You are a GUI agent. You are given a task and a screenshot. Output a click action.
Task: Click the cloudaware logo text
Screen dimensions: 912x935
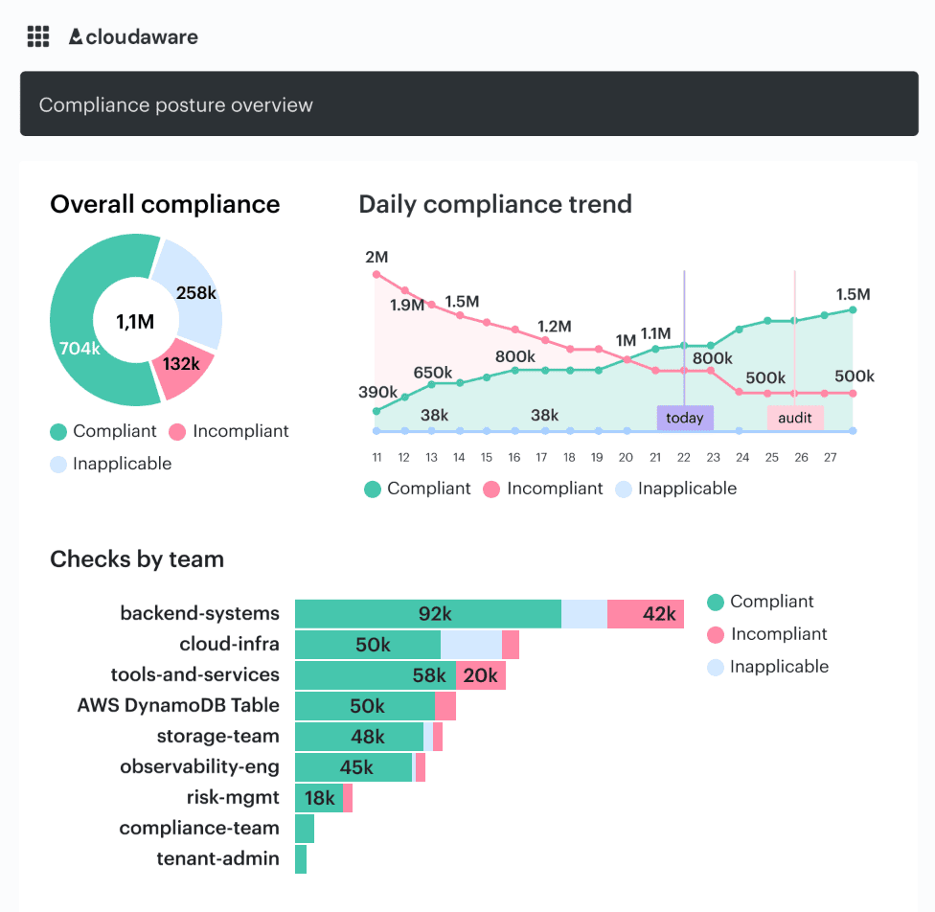click(141, 37)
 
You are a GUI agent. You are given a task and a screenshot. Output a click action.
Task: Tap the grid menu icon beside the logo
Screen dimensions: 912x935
click(38, 37)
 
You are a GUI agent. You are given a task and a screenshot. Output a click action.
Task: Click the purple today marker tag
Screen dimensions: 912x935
click(685, 418)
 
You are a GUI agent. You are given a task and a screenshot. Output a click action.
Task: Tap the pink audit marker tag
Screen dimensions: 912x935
click(795, 418)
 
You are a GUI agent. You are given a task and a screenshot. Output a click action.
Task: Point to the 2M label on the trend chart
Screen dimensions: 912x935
click(376, 257)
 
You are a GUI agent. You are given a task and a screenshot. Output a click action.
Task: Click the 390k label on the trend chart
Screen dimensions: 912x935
click(378, 392)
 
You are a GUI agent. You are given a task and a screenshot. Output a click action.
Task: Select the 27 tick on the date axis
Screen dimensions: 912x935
click(831, 458)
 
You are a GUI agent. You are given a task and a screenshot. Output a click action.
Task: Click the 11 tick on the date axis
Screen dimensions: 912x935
click(377, 458)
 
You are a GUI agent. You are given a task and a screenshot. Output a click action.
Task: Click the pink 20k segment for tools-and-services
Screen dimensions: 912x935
click(481, 675)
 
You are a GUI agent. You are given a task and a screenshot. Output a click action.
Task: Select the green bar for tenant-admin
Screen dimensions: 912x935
click(301, 859)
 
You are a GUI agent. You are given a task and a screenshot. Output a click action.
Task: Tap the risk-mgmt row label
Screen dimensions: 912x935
click(233, 797)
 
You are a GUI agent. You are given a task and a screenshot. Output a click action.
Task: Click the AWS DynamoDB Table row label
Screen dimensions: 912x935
click(178, 705)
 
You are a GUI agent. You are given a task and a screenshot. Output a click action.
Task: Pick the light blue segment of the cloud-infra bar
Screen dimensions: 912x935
click(470, 645)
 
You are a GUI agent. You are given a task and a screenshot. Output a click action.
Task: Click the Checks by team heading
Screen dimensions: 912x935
click(137, 559)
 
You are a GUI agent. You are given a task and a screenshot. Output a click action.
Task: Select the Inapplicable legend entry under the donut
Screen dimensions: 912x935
click(111, 464)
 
